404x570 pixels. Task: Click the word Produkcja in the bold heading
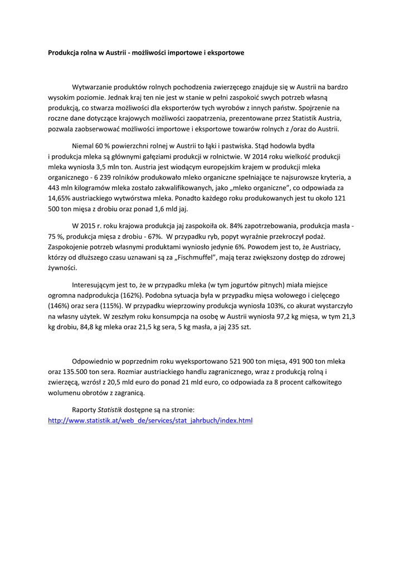tap(64, 52)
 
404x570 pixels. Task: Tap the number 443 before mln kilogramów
tap(55, 188)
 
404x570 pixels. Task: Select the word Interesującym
tap(96, 285)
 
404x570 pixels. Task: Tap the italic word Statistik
tap(110, 410)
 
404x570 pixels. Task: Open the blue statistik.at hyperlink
tap(150, 420)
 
